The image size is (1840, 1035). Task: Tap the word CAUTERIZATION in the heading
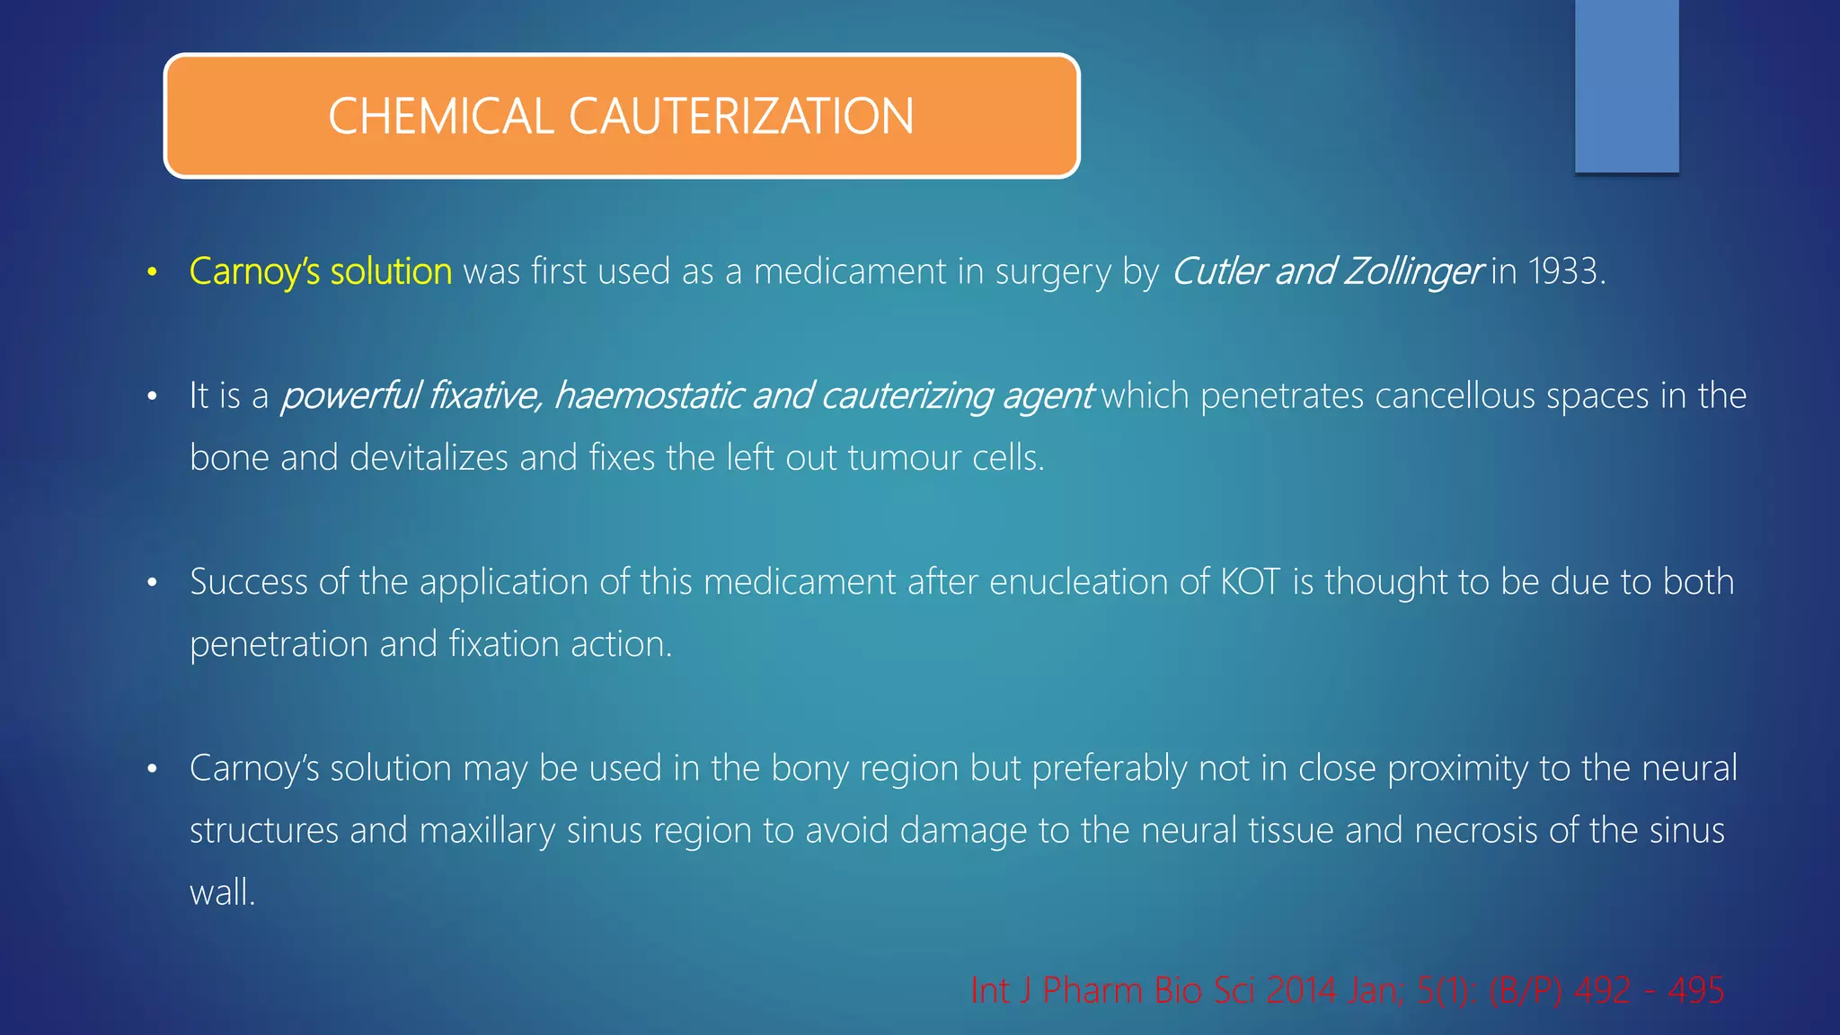741,117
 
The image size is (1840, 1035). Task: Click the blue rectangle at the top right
1626,85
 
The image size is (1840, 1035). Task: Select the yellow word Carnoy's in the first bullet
254,271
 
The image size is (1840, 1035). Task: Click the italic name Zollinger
1412,271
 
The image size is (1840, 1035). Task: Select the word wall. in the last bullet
222,892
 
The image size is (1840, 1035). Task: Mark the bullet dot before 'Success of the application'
153,583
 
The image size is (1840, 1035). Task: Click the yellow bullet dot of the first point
153,272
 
